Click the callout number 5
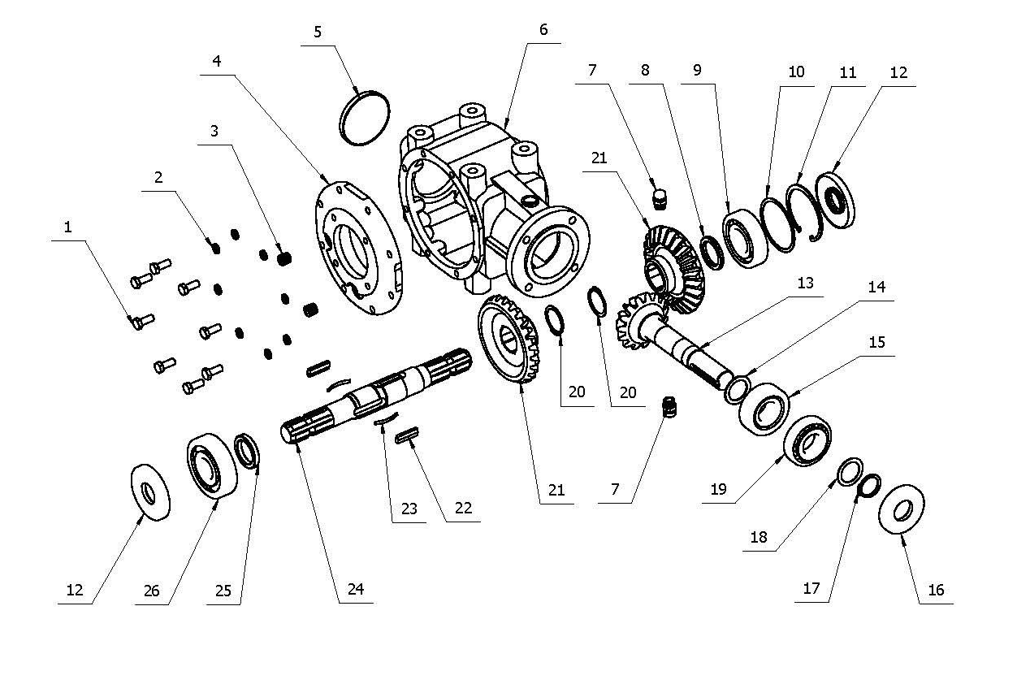coord(317,32)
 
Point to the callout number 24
coord(356,590)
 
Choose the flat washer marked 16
coord(901,510)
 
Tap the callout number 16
coord(936,591)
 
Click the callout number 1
coord(68,228)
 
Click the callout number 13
coord(805,284)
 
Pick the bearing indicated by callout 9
coord(740,239)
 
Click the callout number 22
coord(463,508)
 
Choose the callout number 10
coord(796,71)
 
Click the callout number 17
coord(811,588)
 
